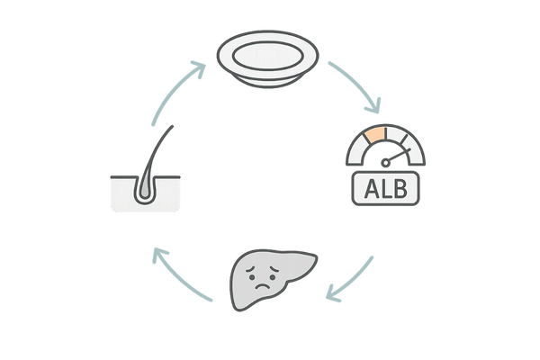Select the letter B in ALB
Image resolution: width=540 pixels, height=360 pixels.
[401, 190]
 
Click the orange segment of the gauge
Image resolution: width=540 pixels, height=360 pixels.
[373, 138]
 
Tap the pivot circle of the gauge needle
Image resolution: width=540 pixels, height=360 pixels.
[386, 163]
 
